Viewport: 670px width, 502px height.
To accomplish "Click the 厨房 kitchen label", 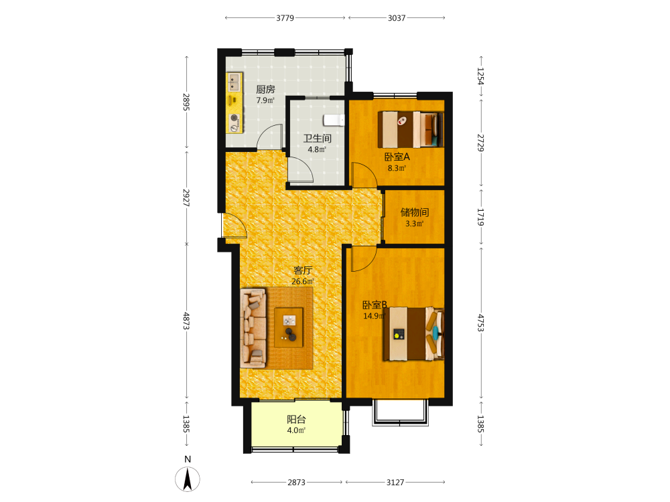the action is click(265, 90).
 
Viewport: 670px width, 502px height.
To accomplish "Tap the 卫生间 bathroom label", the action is click(317, 139).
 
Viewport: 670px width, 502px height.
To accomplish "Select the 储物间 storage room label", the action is click(415, 212).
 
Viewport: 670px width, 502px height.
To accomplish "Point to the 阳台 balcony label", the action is click(296, 419).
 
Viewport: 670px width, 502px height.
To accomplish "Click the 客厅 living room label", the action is click(303, 270).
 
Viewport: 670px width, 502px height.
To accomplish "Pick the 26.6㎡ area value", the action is click(303, 281).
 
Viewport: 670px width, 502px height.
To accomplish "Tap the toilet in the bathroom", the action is click(334, 120).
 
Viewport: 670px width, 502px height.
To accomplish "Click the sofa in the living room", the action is click(253, 328).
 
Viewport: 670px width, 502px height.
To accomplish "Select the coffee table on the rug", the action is click(288, 327).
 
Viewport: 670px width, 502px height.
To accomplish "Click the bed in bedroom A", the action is click(411, 129).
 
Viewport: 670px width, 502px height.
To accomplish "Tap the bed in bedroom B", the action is click(413, 334).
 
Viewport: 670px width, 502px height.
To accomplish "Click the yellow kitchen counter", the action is click(234, 103).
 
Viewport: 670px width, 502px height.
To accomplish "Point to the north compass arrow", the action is click(187, 479).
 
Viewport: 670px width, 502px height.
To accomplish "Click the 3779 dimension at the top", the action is click(285, 18).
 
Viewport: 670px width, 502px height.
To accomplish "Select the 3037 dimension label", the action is click(397, 18).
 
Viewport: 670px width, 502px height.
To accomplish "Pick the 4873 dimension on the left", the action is click(186, 321).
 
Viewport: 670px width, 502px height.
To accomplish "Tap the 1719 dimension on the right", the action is click(480, 218).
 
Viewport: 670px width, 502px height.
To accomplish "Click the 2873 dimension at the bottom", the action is click(296, 483).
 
